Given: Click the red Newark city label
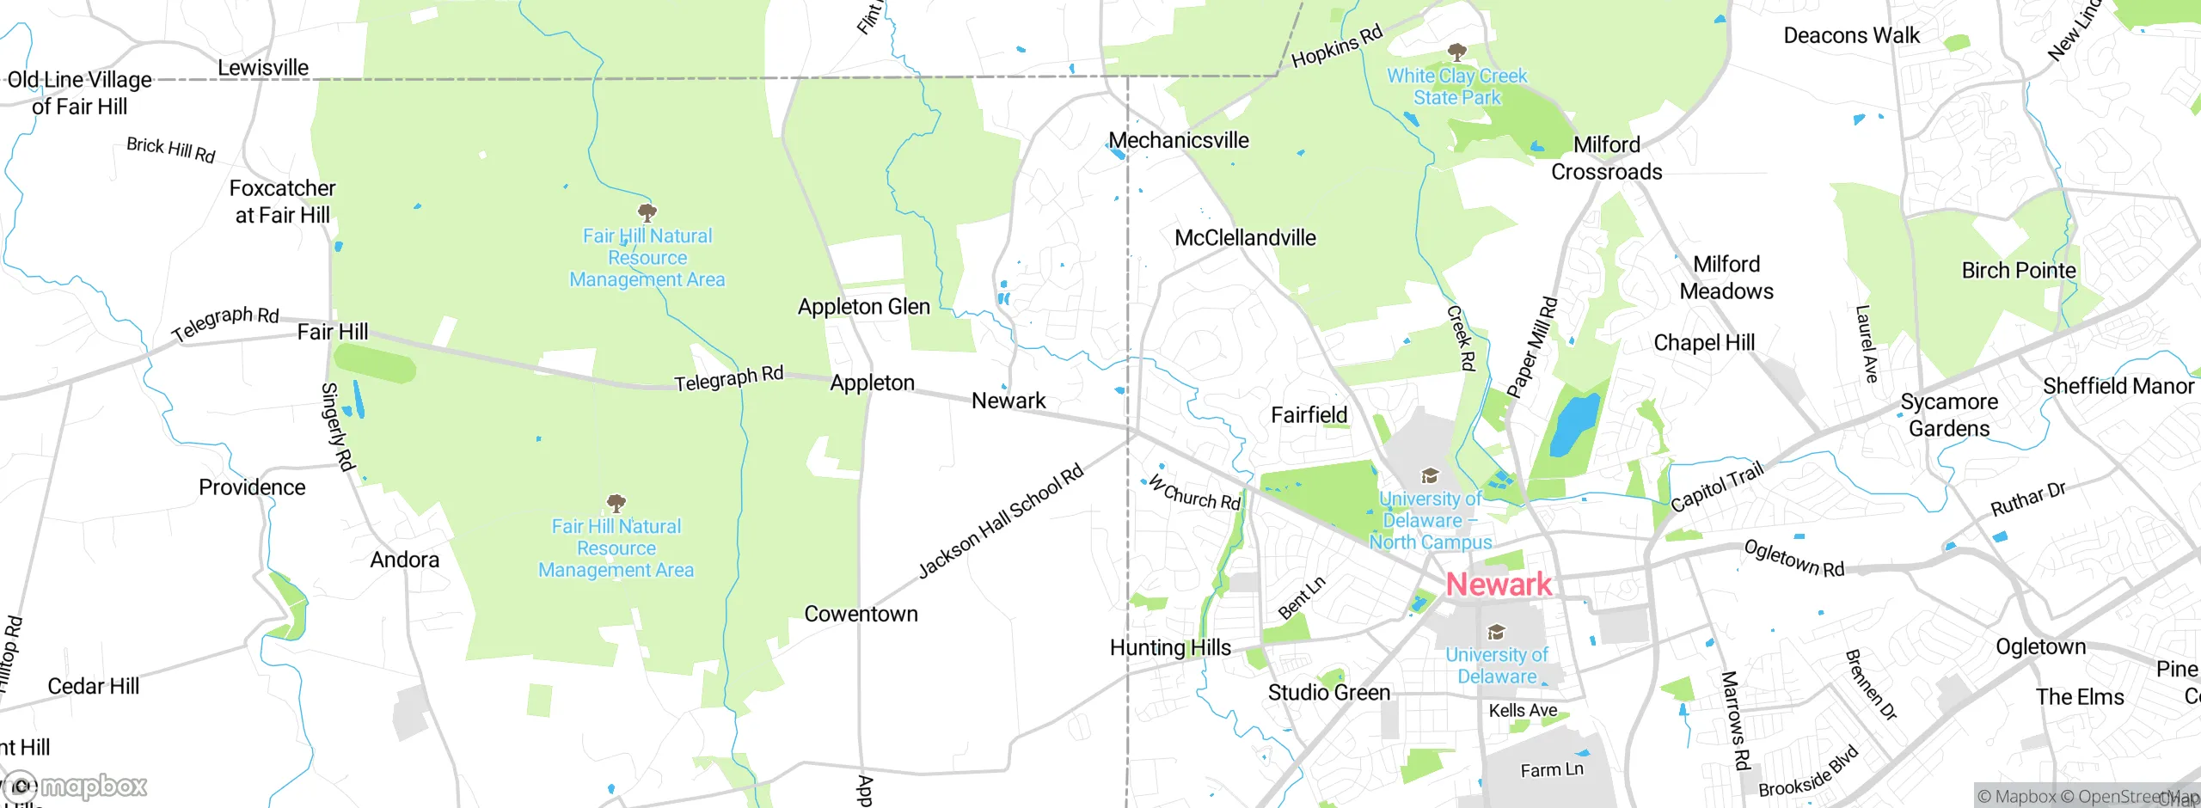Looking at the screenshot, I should (x=1499, y=585).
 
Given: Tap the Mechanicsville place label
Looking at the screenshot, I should (x=1179, y=140).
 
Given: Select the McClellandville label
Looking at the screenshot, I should (x=1245, y=238).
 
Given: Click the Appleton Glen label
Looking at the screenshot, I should (x=863, y=307).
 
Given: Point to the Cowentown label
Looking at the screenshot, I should (x=861, y=614).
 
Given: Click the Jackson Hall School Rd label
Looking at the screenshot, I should (x=1001, y=522).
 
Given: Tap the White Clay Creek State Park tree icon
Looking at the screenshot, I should (x=1456, y=52).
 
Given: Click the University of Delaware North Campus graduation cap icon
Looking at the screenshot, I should (x=1429, y=476).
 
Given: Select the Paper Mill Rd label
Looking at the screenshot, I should (x=1532, y=348).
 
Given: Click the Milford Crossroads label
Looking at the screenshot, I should (x=1606, y=158).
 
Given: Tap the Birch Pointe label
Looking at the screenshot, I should (x=2018, y=271).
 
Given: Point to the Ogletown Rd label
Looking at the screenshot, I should (x=1793, y=559).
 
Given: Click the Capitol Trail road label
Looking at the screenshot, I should (x=1717, y=487).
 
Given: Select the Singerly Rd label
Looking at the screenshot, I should (x=337, y=427).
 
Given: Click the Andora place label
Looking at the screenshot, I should (x=404, y=560).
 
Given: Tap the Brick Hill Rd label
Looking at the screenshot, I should (x=170, y=150).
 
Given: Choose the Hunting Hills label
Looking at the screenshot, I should (x=1170, y=648).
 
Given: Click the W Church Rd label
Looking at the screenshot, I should (x=1195, y=493).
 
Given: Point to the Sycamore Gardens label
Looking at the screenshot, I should (x=1949, y=415).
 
